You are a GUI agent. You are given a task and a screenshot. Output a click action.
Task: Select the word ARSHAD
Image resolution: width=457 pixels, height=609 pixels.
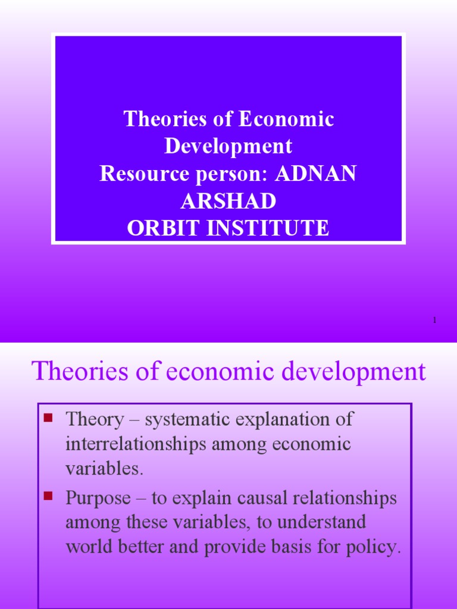(228, 201)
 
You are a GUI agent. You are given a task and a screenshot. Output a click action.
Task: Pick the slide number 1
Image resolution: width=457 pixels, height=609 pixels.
(435, 321)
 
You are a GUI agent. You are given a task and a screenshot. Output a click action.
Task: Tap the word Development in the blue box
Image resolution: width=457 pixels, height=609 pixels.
(228, 147)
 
